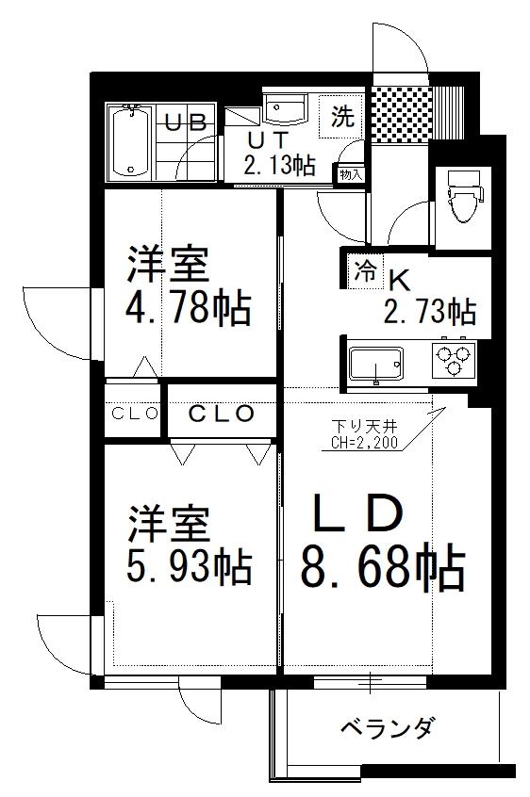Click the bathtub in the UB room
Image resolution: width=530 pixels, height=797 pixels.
coord(131,142)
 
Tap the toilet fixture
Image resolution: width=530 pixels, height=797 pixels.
coord(464,196)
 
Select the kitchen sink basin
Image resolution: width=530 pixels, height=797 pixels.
coord(376,364)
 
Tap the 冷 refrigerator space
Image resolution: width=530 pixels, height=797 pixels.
coord(365,271)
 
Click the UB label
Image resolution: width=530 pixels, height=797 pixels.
coord(186,122)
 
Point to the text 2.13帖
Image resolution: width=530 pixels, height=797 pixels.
coord(280,164)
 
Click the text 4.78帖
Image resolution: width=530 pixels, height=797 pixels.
coord(189,307)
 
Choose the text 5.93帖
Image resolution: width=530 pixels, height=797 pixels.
coord(189,565)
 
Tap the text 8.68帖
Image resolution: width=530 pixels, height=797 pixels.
coord(383,567)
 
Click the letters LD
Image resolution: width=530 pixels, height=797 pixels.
coord(358,512)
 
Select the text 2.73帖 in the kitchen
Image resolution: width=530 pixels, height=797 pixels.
coord(430,311)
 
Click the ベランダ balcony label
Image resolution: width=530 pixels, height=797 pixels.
coord(388,728)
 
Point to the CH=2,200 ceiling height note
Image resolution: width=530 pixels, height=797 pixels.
coord(364,442)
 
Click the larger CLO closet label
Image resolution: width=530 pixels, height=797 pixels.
coord(222,414)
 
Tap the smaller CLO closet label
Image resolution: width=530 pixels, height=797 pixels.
coord(134,414)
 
